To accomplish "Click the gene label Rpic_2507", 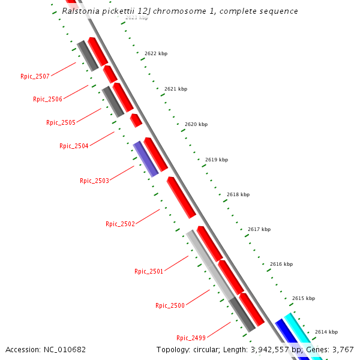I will tap(35, 76).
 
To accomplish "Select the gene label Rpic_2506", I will tap(47, 99).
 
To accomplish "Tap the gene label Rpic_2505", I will tap(61, 122).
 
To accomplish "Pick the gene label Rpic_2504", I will tap(74, 146).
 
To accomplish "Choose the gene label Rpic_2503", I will tap(94, 181).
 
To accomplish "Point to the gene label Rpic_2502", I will tap(120, 224).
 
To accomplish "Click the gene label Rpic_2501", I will tap(149, 271).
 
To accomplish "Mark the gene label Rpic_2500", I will tap(170, 305).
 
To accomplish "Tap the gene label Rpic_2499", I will tap(191, 337).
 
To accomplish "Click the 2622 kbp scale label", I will tap(156, 53).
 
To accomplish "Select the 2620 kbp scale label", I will tap(196, 124).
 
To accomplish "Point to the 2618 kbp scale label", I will tap(238, 194).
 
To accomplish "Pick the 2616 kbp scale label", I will tap(281, 264).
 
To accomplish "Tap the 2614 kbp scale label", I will tap(326, 332).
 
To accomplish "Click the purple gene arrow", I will tap(146, 159).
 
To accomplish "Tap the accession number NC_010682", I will tap(65, 349).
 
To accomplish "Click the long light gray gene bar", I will tap(209, 264).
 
